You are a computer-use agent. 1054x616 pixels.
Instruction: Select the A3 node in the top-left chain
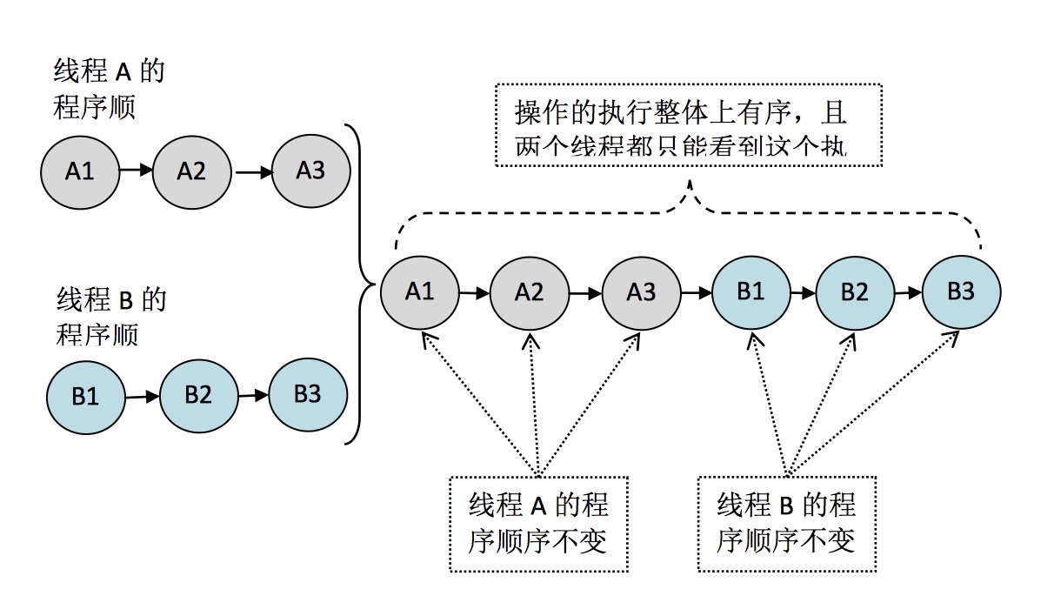pyautogui.click(x=310, y=170)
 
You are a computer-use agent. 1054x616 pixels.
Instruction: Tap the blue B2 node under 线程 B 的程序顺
pyautogui.click(x=198, y=395)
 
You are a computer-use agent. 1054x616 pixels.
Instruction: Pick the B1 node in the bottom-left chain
pyautogui.click(x=85, y=398)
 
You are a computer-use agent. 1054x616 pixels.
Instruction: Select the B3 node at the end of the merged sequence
pyautogui.click(x=961, y=292)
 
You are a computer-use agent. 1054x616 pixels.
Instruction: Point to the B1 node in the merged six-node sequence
pyautogui.click(x=750, y=291)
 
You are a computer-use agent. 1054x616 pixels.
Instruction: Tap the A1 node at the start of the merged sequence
pyautogui.click(x=419, y=291)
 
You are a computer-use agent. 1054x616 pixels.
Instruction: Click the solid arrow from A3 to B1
pyautogui.click(x=696, y=293)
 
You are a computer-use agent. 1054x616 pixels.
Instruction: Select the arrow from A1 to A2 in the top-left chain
pyautogui.click(x=135, y=171)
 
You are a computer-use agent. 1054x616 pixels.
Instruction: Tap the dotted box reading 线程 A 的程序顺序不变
pyautogui.click(x=538, y=523)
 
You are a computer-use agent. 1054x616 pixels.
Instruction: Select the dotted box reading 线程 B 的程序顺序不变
pyautogui.click(x=786, y=523)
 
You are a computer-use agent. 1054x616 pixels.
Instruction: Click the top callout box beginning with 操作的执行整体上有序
pyautogui.click(x=688, y=124)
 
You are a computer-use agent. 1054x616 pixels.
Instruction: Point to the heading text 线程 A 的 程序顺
pyautogui.click(x=109, y=90)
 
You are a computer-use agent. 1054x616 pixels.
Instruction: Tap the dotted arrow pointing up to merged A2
pyautogui.click(x=534, y=400)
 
